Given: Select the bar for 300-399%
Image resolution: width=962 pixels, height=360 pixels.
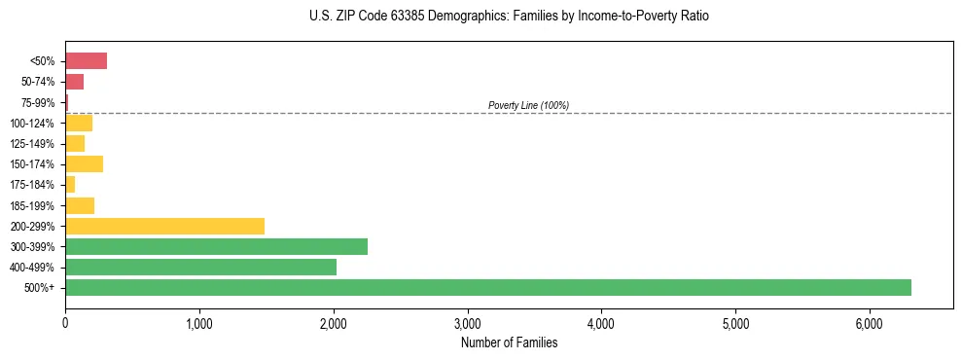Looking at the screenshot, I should (x=216, y=246).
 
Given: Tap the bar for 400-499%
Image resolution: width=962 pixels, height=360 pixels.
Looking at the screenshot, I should (x=200, y=267).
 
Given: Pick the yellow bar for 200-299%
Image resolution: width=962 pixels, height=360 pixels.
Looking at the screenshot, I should (x=164, y=226).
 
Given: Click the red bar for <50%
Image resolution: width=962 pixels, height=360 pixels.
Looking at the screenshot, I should (x=86, y=61).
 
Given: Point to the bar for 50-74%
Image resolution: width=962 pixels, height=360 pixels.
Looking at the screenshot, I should (x=74, y=82).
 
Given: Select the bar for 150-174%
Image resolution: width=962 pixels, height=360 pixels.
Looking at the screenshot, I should (x=84, y=163).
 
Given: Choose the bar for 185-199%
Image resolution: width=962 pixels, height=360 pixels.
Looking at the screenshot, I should (x=80, y=205).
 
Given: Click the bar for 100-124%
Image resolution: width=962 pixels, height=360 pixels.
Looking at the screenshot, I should (x=79, y=123).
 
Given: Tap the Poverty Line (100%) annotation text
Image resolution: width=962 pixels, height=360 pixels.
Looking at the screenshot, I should (x=528, y=105).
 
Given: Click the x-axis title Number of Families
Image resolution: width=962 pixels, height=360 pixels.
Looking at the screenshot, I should (x=509, y=342).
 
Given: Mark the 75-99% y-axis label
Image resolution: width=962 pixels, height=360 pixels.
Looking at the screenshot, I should (x=39, y=102).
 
